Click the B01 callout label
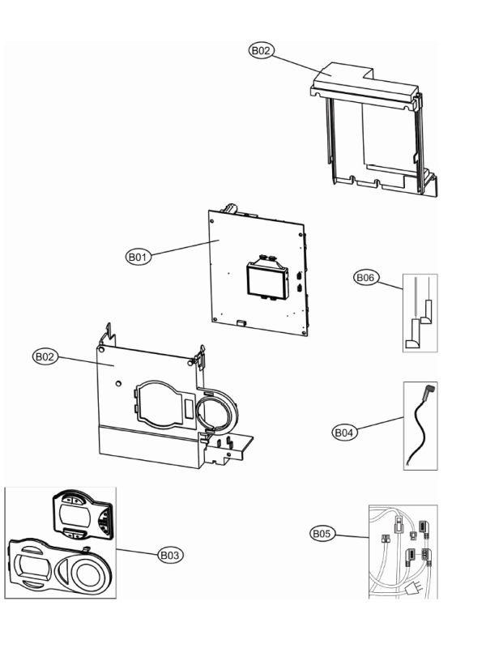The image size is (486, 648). (x=138, y=257)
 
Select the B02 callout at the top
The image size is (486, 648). (x=261, y=50)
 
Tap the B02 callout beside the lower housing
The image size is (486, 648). (x=45, y=356)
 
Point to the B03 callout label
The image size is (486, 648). (x=170, y=555)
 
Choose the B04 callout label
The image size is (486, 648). (x=345, y=433)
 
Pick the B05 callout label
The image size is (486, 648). (x=322, y=533)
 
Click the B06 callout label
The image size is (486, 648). (x=366, y=277)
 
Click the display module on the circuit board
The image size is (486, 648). (x=265, y=279)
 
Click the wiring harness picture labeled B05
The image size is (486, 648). (x=403, y=551)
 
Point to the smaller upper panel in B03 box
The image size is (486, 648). (x=81, y=514)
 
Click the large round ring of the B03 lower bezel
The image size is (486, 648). (x=90, y=572)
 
